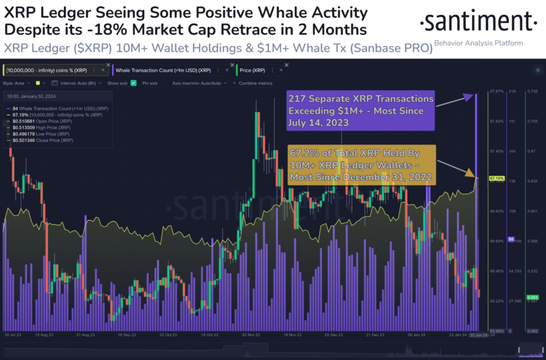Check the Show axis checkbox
click(133, 83)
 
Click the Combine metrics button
click(255, 83)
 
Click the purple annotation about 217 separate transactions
click(361, 111)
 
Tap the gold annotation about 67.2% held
click(361, 165)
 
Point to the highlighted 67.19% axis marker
click(496, 178)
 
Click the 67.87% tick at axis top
click(496, 92)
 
